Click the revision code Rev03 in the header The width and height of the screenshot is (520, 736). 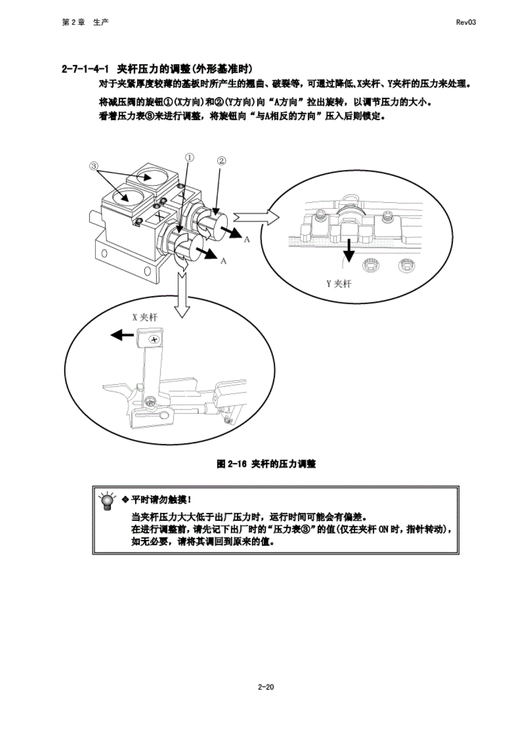[x=465, y=22]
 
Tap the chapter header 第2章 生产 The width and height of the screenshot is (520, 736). [x=85, y=22]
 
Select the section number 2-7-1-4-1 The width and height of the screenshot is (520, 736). [x=85, y=69]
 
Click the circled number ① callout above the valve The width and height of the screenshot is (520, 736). [x=189, y=157]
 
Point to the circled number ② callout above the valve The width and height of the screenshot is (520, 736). [x=221, y=161]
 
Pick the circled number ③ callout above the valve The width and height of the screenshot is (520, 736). [x=94, y=166]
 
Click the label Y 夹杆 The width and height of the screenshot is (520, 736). [x=339, y=284]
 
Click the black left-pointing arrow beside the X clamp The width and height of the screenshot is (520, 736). [x=122, y=335]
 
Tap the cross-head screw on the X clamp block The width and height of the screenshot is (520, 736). [x=154, y=340]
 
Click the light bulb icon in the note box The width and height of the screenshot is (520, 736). [x=107, y=501]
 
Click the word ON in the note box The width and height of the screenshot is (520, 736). [x=383, y=529]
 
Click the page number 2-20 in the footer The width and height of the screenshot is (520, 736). [x=266, y=687]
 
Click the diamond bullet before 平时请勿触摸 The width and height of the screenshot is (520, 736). [x=124, y=499]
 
